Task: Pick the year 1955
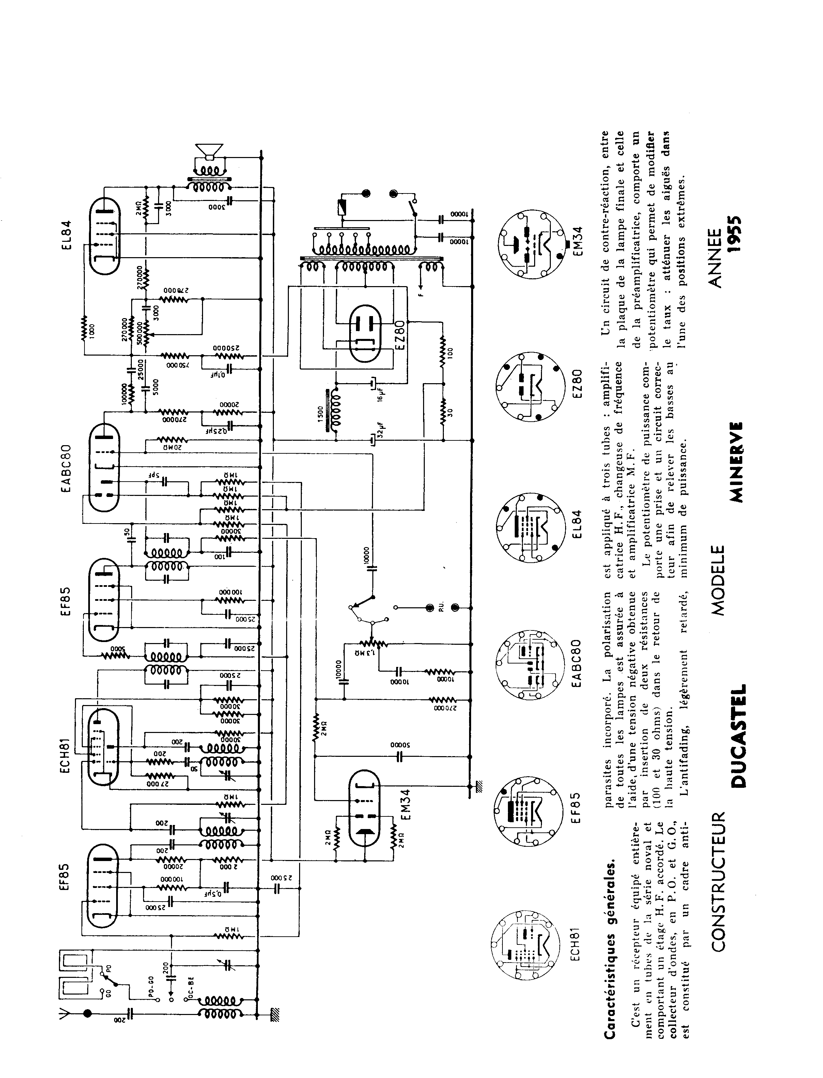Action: tap(735, 235)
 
